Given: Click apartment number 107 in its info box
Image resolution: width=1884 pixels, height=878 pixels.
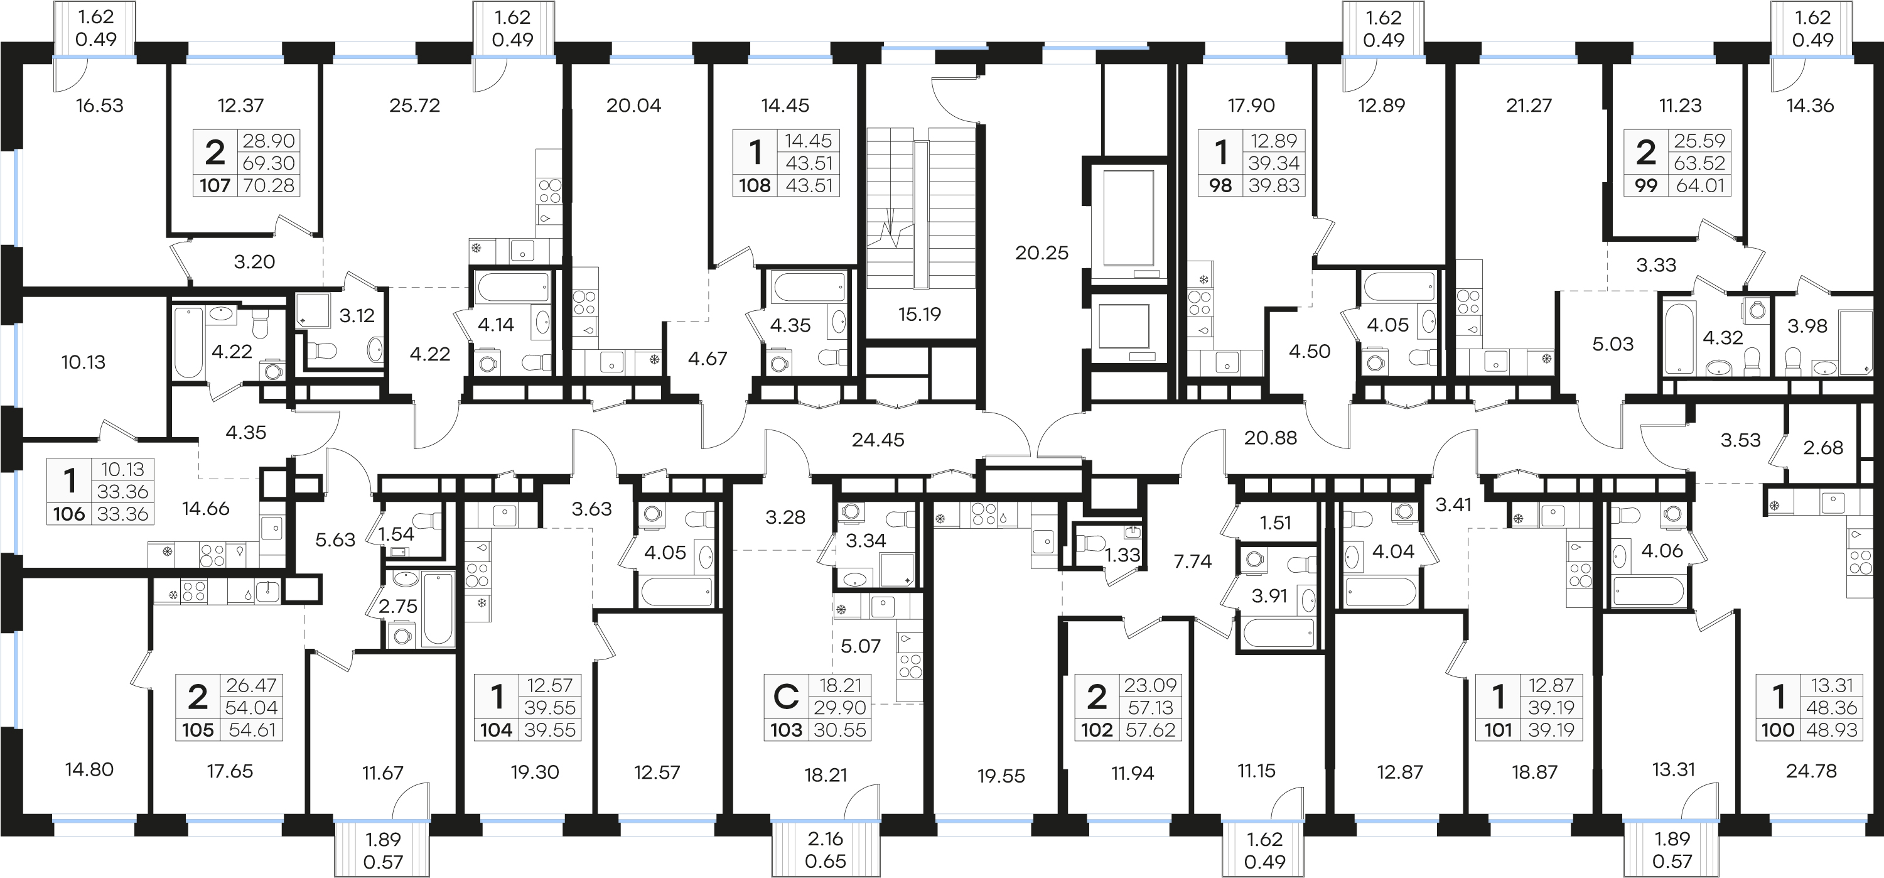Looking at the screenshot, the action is coord(215,186).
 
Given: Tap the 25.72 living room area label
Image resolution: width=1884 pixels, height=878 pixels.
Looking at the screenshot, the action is coord(415,106).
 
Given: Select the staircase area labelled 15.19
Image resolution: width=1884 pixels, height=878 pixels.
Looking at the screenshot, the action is coord(919,315).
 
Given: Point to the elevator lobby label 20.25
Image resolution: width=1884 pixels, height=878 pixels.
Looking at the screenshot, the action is coord(1042,253).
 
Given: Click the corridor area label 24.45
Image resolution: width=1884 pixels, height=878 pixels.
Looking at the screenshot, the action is coord(878,440).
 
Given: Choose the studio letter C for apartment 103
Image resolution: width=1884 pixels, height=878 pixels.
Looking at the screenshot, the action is coord(786,696).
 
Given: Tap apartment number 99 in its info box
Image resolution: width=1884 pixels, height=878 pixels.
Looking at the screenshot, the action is coord(1645,186).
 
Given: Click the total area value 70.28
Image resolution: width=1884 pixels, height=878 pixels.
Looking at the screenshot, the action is coord(269,186).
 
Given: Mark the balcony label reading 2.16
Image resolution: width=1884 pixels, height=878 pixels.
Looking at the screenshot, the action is coord(825,839).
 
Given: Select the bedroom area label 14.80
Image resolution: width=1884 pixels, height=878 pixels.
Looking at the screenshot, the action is coord(89,770).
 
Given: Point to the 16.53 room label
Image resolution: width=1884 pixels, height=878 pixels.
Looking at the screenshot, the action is coord(99,106).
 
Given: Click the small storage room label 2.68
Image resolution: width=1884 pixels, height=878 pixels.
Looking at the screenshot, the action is coord(1822,448).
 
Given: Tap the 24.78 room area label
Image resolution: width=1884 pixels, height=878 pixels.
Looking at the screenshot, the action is coord(1811,771).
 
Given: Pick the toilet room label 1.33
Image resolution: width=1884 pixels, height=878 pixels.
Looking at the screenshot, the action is coord(1122,555).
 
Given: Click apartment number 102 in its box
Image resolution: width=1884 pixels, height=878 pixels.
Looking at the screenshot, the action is coord(1096,730).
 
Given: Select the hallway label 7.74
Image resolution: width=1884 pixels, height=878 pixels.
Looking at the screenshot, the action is coord(1192,561).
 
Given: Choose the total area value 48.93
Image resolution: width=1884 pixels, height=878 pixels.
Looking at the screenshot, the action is coord(1831,730).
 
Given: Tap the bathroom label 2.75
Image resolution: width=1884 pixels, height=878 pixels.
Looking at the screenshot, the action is coord(398,606).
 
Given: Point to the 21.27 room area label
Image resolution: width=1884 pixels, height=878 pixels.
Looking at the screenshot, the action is coord(1529,106).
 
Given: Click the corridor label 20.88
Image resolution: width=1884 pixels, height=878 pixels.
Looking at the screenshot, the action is coord(1271,438).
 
